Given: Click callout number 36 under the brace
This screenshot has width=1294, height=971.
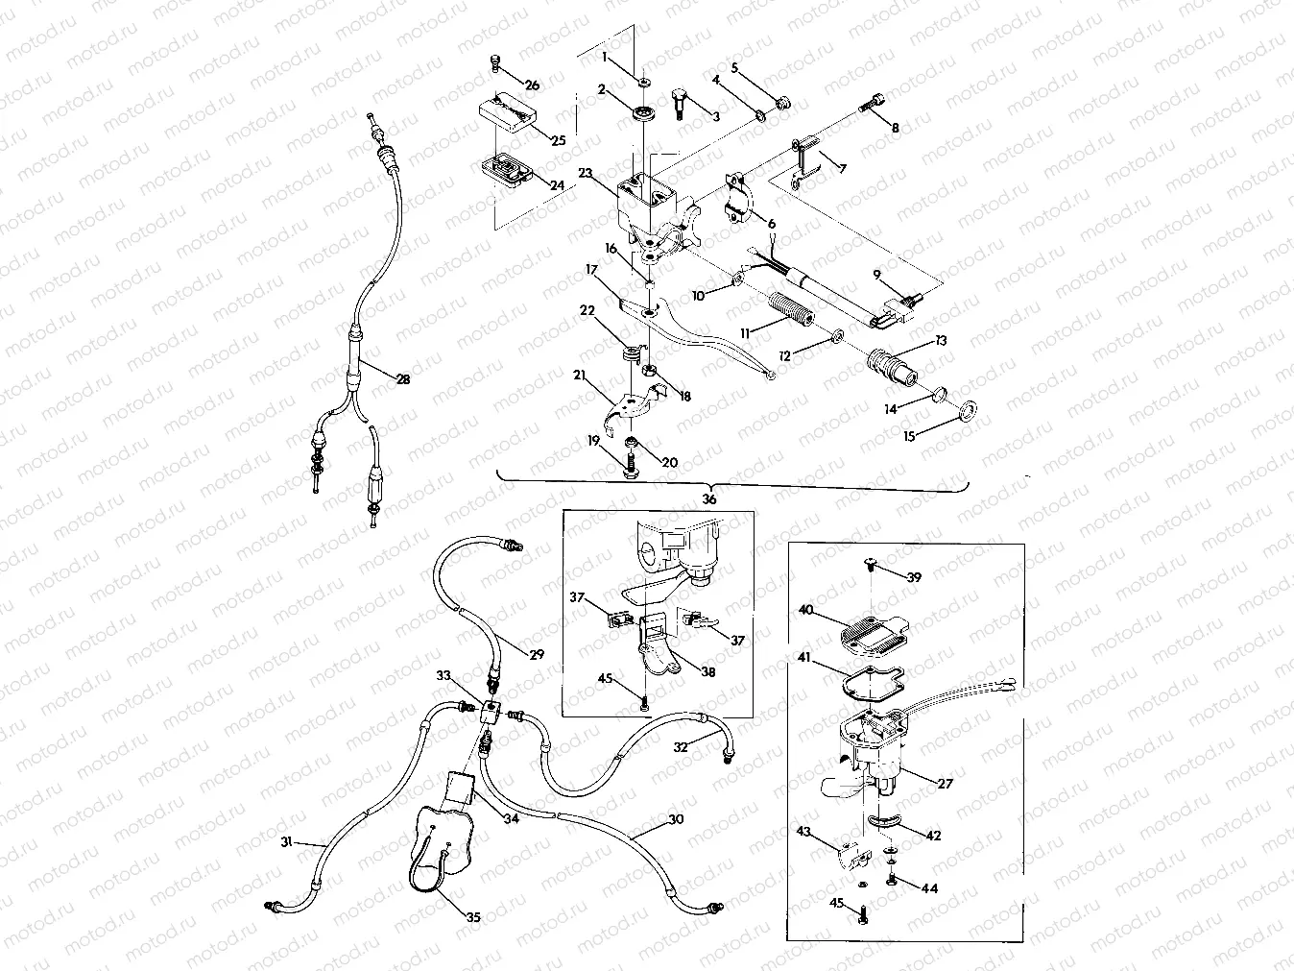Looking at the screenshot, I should coord(708,499).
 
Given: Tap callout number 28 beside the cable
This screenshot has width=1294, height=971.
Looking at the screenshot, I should coord(403,379).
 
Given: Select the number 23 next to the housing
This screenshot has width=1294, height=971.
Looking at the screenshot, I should coord(587,174).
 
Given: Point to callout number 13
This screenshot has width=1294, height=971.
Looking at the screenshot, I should coord(940,342).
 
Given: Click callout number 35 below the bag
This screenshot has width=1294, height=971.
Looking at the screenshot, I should coord(473,917).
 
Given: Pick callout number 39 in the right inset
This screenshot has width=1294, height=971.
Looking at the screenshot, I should coord(913,577).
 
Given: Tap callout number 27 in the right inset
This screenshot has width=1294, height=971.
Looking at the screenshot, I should coord(945,784).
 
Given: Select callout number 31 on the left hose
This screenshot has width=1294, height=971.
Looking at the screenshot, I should coord(286,842).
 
